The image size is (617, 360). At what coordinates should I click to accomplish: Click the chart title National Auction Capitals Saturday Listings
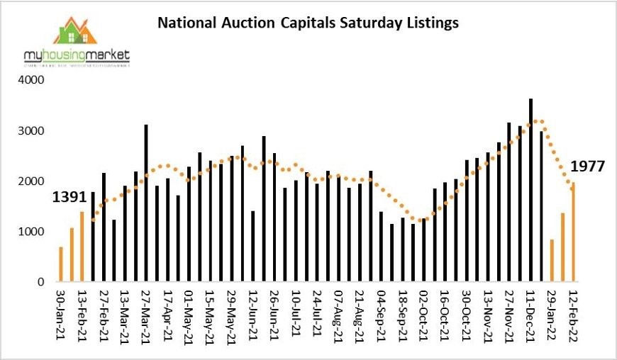pos(307,23)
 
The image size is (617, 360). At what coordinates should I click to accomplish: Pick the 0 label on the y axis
pos(42,282)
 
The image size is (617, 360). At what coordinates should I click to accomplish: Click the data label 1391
pos(70,198)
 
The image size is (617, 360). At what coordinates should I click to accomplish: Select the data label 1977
pos(587,167)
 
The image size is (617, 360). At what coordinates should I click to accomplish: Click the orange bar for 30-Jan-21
pos(61,264)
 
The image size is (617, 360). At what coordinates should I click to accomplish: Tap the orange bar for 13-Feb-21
pos(82,247)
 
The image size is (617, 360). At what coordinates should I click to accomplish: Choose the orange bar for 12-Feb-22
pos(573,232)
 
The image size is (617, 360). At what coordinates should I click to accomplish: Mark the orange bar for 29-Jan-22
pos(552,261)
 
